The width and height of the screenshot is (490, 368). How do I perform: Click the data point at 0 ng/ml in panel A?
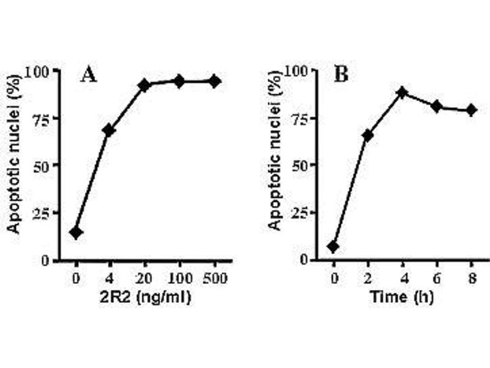[76, 232]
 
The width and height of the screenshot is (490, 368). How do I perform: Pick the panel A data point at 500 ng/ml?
[214, 81]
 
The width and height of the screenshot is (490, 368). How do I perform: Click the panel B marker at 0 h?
[333, 247]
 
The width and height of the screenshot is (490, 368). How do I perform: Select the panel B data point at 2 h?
[367, 135]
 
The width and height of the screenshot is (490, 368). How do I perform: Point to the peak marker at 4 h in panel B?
[402, 93]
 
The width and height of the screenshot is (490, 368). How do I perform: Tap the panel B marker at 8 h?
[471, 110]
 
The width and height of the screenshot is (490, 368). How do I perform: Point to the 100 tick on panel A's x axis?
[179, 278]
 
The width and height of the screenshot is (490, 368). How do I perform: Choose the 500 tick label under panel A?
[214, 278]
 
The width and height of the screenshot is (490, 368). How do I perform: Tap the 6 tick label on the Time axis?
[437, 278]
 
